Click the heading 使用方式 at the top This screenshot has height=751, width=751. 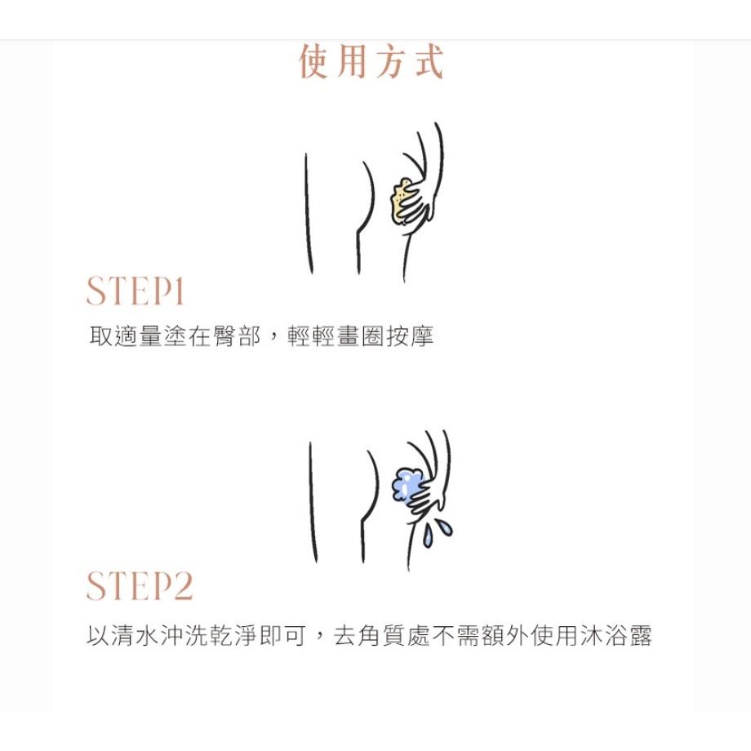371,63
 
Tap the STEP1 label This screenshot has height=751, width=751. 136,292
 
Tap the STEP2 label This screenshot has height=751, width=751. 140,586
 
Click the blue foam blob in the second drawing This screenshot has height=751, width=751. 404,485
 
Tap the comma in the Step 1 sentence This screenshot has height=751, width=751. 273,338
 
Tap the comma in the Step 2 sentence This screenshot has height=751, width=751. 321,638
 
